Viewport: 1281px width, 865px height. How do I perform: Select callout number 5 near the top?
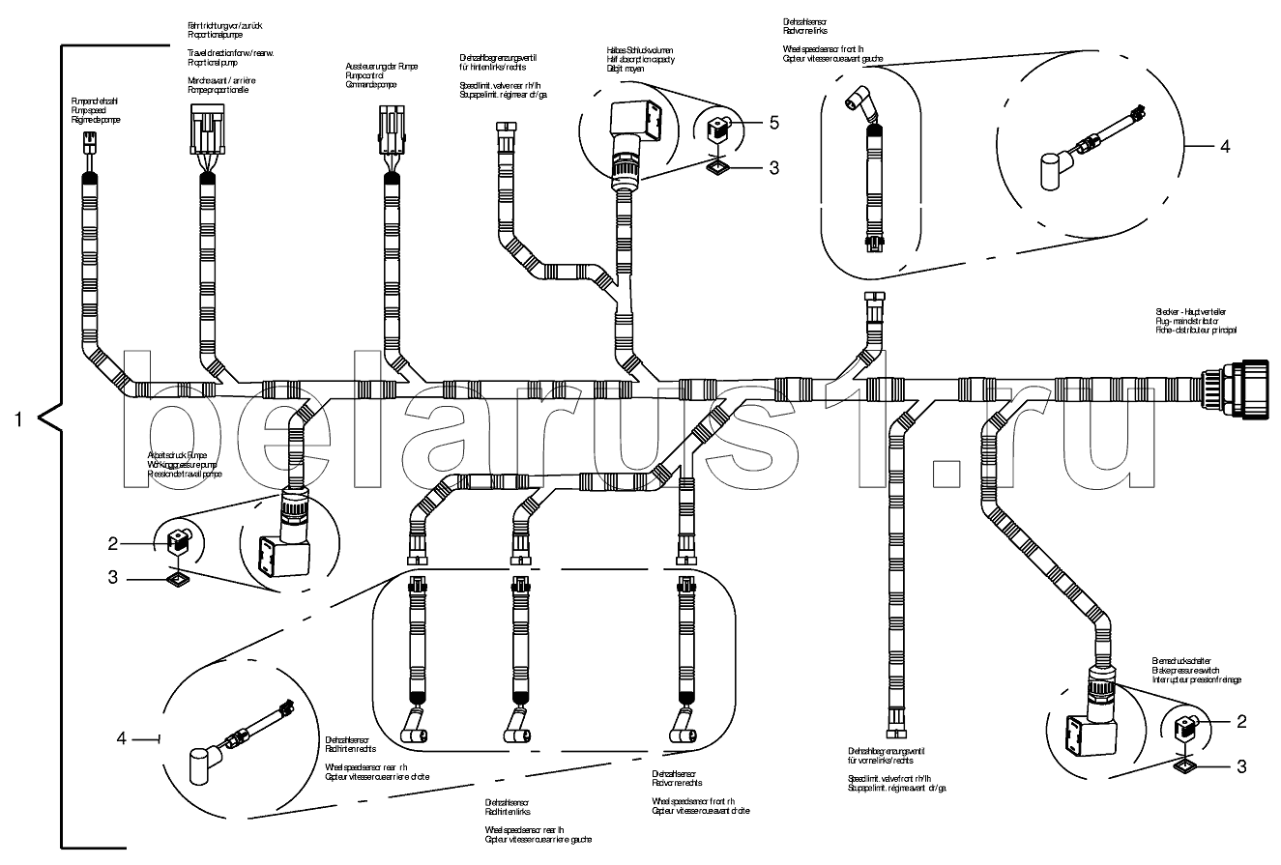[772, 123]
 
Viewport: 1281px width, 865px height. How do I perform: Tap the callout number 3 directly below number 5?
[772, 167]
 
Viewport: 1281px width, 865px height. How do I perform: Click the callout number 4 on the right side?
[1224, 146]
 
